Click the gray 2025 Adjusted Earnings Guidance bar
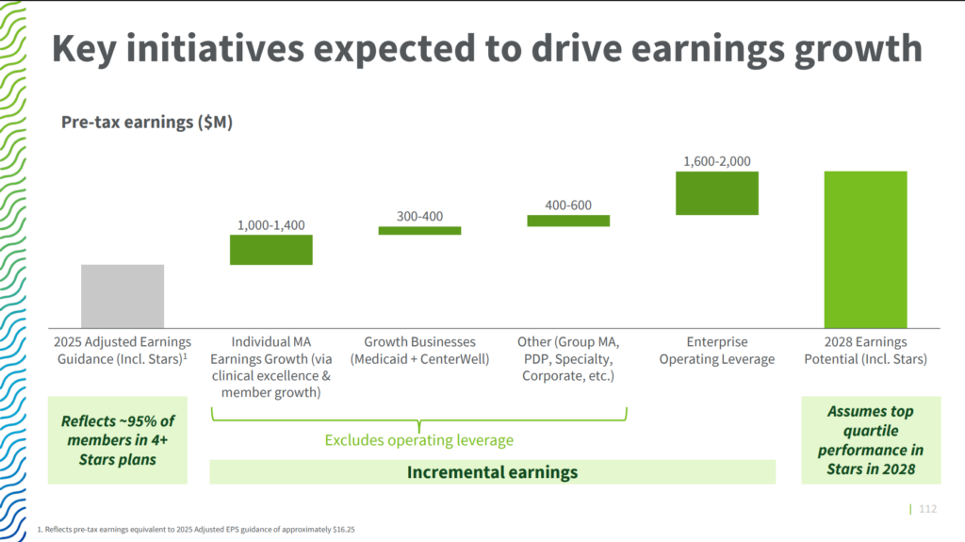(123, 296)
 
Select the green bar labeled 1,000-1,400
(271, 250)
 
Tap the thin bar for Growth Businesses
(419, 231)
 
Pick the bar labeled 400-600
(568, 221)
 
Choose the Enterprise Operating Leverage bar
(717, 193)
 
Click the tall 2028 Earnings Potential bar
(866, 250)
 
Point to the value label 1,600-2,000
(717, 161)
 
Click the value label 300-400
(419, 216)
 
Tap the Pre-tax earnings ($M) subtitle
(147, 122)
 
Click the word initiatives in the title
(215, 48)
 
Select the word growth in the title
(859, 49)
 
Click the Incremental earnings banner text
(492, 472)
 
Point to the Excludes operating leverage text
(419, 440)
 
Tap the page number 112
(928, 509)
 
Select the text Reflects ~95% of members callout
(118, 440)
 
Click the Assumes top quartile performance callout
(871, 440)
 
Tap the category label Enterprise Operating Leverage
(717, 351)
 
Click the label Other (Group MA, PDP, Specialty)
(568, 358)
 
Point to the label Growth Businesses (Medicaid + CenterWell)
(419, 351)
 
